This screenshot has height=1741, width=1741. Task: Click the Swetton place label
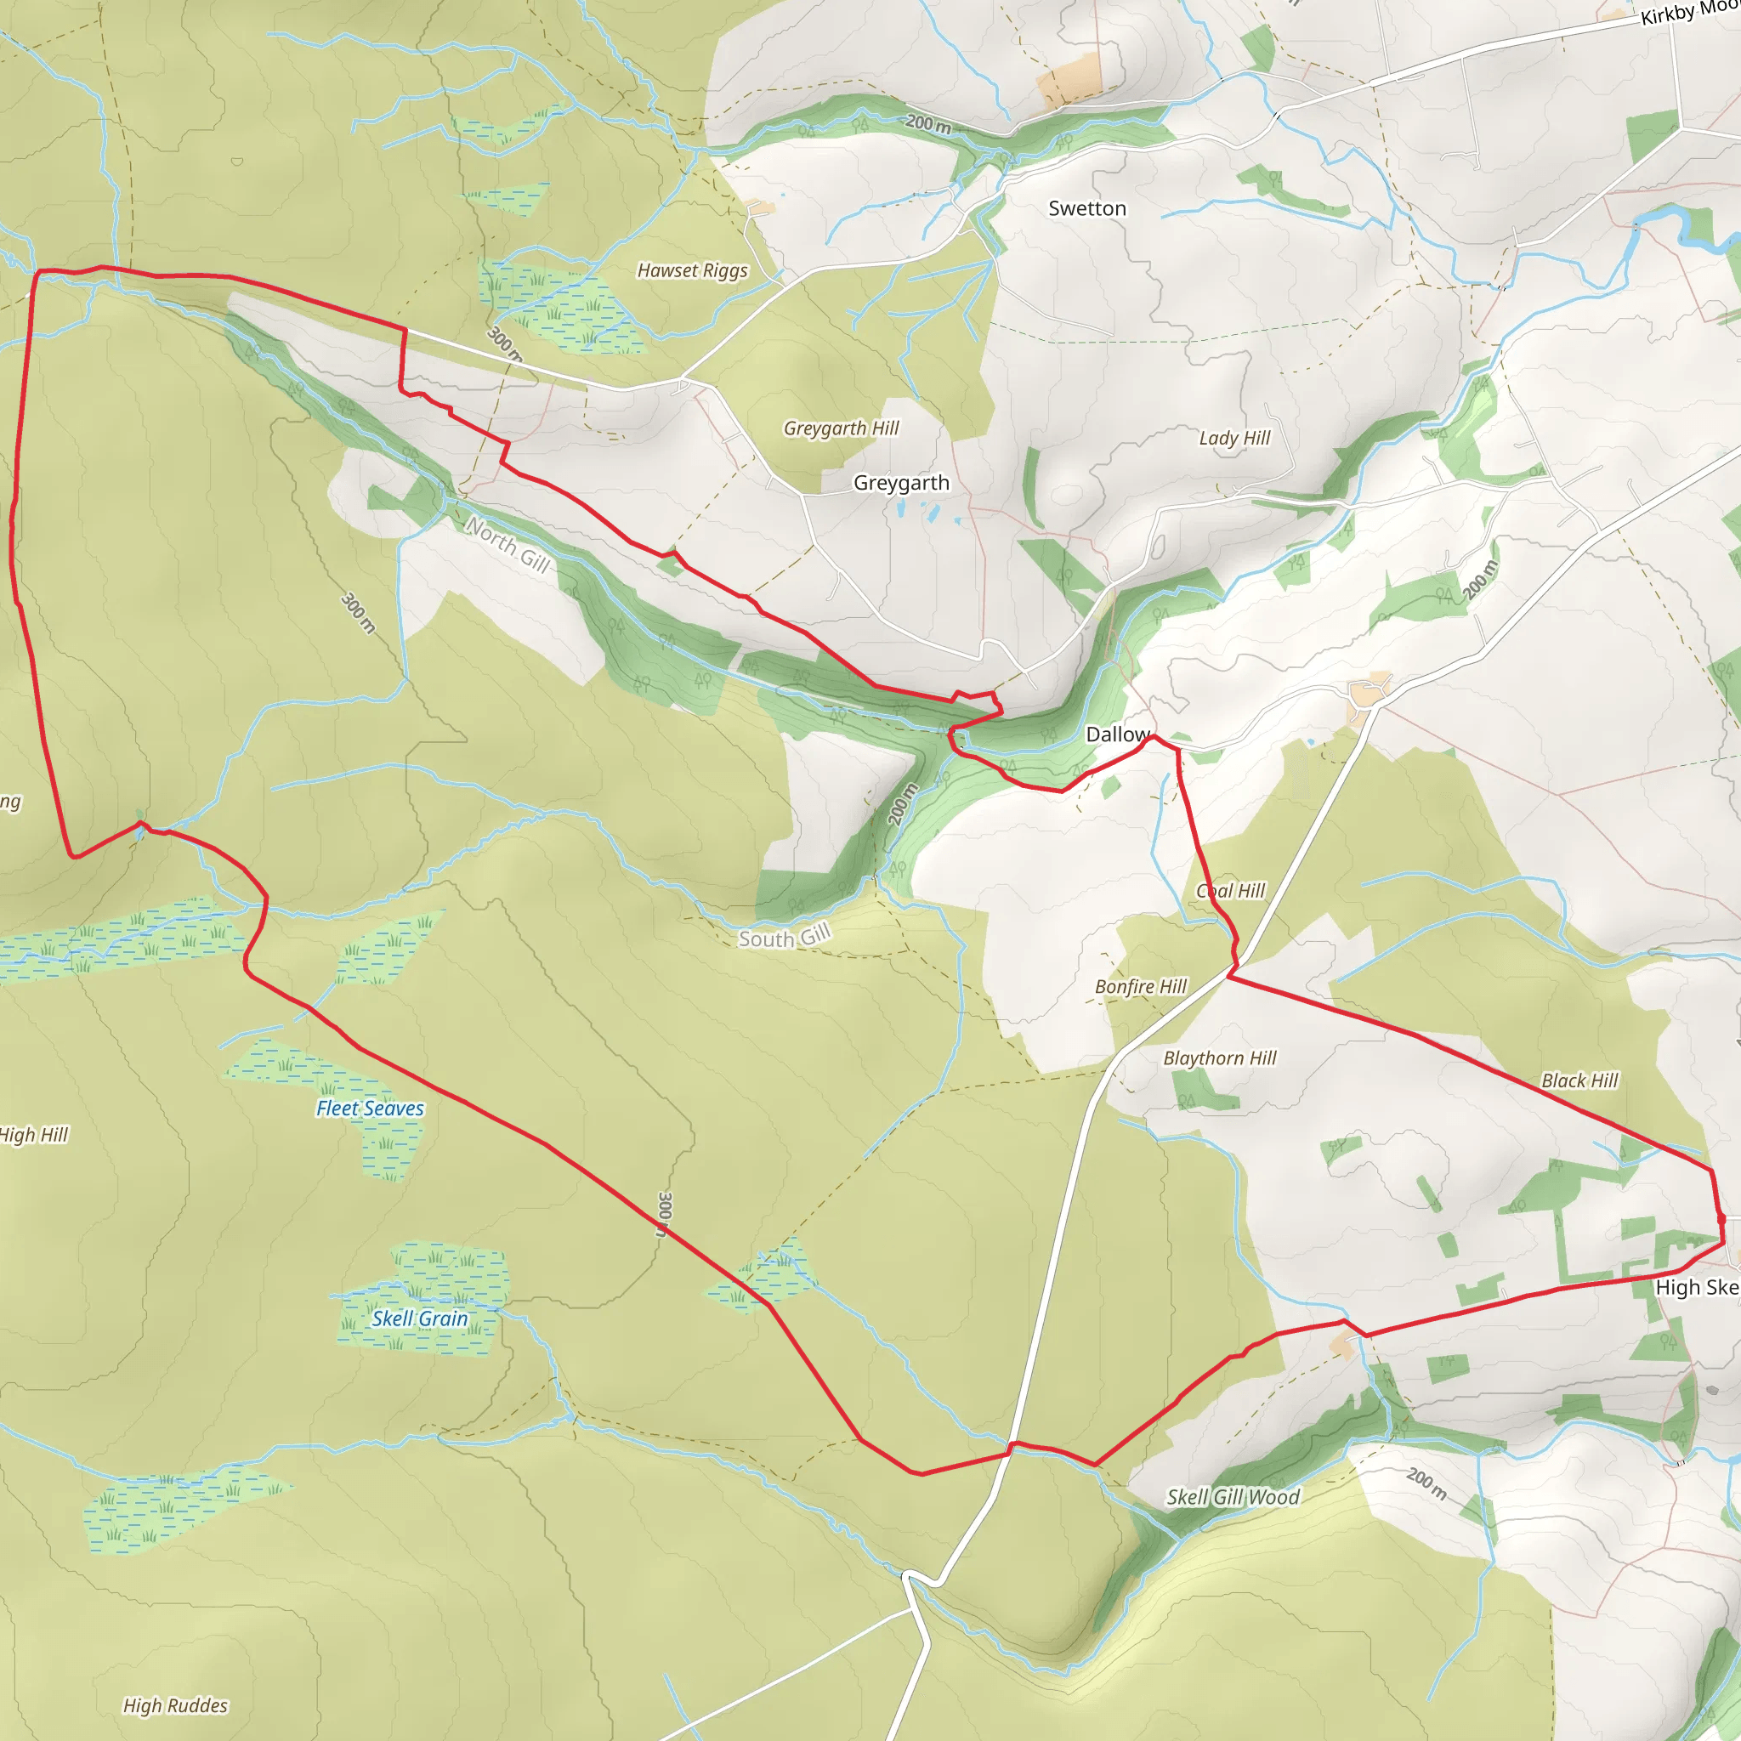click(x=1086, y=208)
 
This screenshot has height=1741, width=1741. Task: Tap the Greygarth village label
click(x=901, y=483)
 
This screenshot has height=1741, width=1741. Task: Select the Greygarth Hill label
click(x=841, y=428)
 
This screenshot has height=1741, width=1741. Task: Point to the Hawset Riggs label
click(x=692, y=270)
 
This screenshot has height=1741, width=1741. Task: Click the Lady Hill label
click(x=1233, y=438)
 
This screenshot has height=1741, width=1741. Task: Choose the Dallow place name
click(x=1117, y=734)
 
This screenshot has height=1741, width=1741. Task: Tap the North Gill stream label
click(x=508, y=543)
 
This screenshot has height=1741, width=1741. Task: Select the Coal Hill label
click(x=1230, y=891)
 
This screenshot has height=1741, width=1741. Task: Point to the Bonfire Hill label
click(x=1140, y=987)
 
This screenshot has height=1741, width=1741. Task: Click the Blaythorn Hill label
click(x=1219, y=1058)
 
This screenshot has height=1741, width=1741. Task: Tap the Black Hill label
click(x=1579, y=1080)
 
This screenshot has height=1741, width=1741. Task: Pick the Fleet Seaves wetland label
click(x=370, y=1109)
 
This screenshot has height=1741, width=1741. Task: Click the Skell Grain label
click(x=420, y=1319)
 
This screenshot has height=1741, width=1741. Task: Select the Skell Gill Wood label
click(x=1233, y=1497)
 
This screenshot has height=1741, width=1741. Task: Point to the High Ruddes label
click(x=175, y=1705)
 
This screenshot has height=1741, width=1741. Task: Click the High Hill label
click(x=34, y=1135)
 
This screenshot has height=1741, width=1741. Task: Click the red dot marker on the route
click(x=1721, y=1219)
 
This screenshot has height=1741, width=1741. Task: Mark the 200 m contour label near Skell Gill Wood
click(x=1426, y=1484)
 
